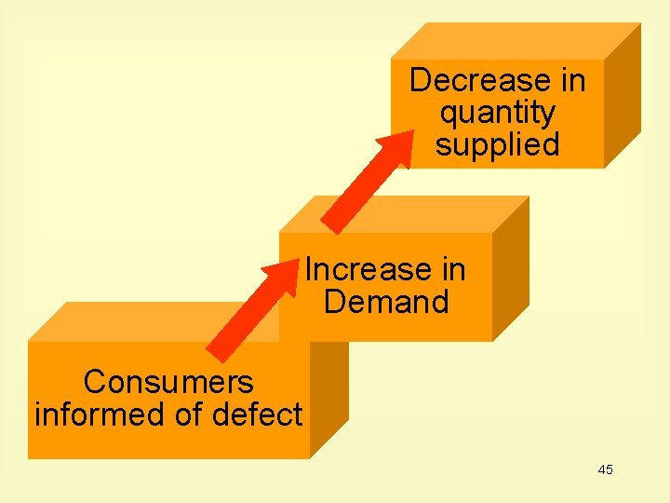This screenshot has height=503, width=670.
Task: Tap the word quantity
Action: click(x=497, y=113)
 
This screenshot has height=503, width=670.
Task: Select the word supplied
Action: click(x=497, y=144)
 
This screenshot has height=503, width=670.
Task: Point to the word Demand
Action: click(x=385, y=302)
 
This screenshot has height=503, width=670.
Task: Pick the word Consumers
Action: click(x=167, y=382)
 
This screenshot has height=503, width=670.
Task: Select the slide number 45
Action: click(x=605, y=469)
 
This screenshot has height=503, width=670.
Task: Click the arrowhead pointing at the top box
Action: click(x=398, y=147)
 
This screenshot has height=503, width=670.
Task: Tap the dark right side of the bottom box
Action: click(x=328, y=396)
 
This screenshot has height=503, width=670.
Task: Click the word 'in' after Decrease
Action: click(x=572, y=81)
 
